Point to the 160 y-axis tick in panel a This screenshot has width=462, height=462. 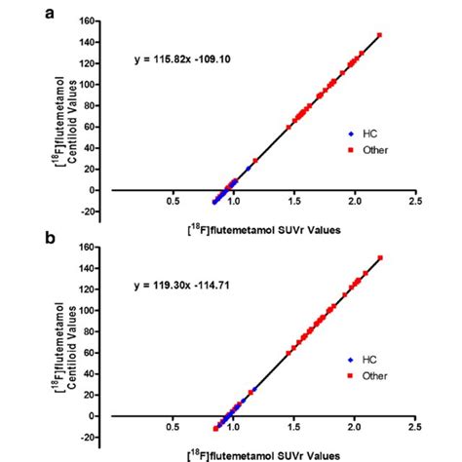click(93, 20)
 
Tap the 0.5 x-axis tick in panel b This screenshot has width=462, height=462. click(173, 426)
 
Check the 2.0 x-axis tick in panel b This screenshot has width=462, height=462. click(355, 426)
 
